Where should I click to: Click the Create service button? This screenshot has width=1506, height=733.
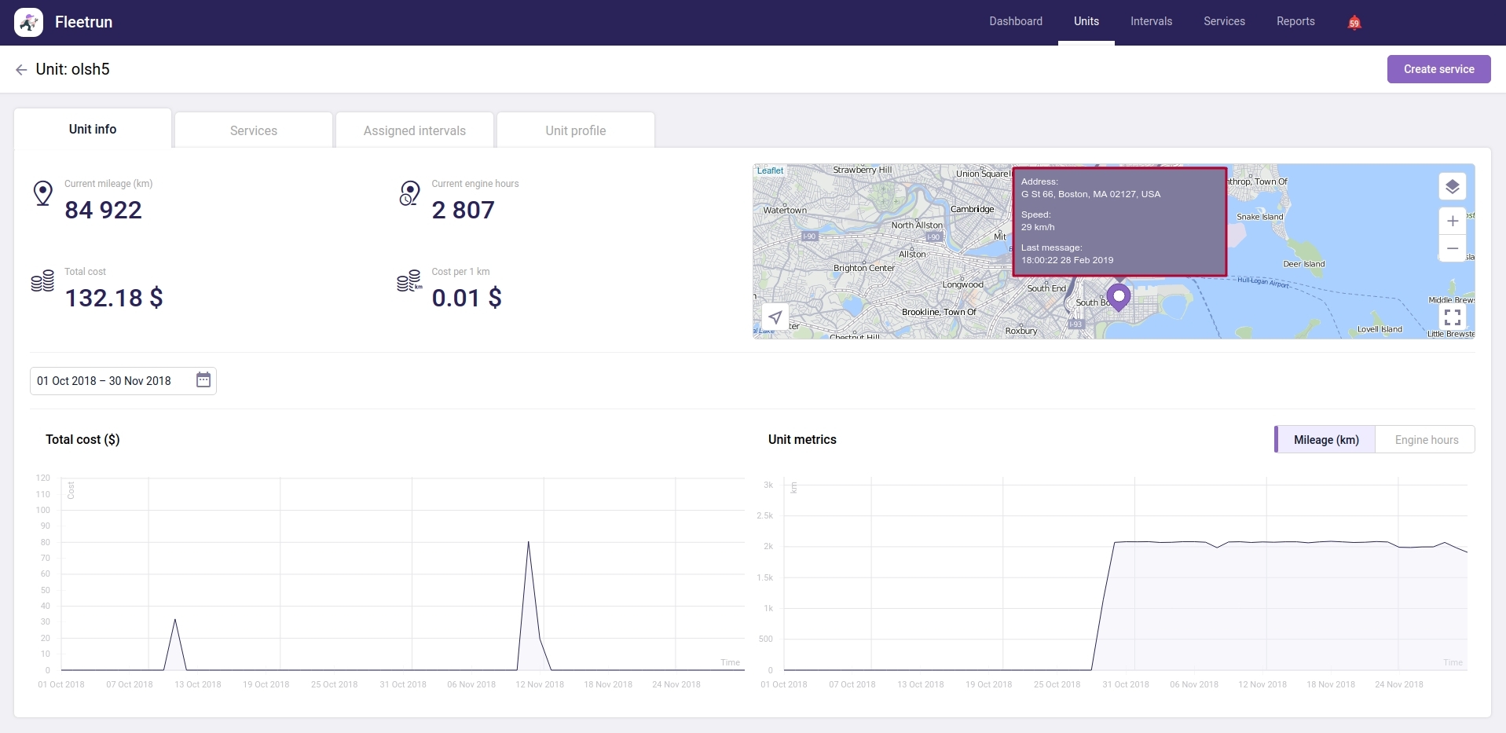(1438, 69)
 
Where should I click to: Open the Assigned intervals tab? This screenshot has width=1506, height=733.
(415, 130)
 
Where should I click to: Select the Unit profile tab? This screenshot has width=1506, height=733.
(576, 130)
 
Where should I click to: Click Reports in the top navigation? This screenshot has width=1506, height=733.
(1295, 21)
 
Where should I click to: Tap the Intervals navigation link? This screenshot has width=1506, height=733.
(1151, 21)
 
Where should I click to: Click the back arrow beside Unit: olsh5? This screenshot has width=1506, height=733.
(21, 70)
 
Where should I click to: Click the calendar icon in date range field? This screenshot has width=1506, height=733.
(203, 380)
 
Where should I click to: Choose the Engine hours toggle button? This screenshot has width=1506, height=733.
(1426, 440)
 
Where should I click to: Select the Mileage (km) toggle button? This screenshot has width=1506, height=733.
(1326, 440)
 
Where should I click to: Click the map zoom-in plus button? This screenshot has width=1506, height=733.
(1453, 221)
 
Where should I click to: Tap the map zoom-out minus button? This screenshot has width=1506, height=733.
(1453, 248)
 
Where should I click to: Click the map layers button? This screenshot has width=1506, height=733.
(1453, 186)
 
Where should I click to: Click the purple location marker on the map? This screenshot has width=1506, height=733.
(1118, 297)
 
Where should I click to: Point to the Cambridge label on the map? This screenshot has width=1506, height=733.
(972, 209)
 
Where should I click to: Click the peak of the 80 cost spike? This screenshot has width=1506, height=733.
(528, 542)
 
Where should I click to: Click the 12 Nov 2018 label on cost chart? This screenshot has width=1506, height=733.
(540, 684)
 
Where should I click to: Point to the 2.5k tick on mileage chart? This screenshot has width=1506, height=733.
(764, 515)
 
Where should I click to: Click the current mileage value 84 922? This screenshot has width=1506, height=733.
(103, 210)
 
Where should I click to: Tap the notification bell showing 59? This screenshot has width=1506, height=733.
(1354, 22)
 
